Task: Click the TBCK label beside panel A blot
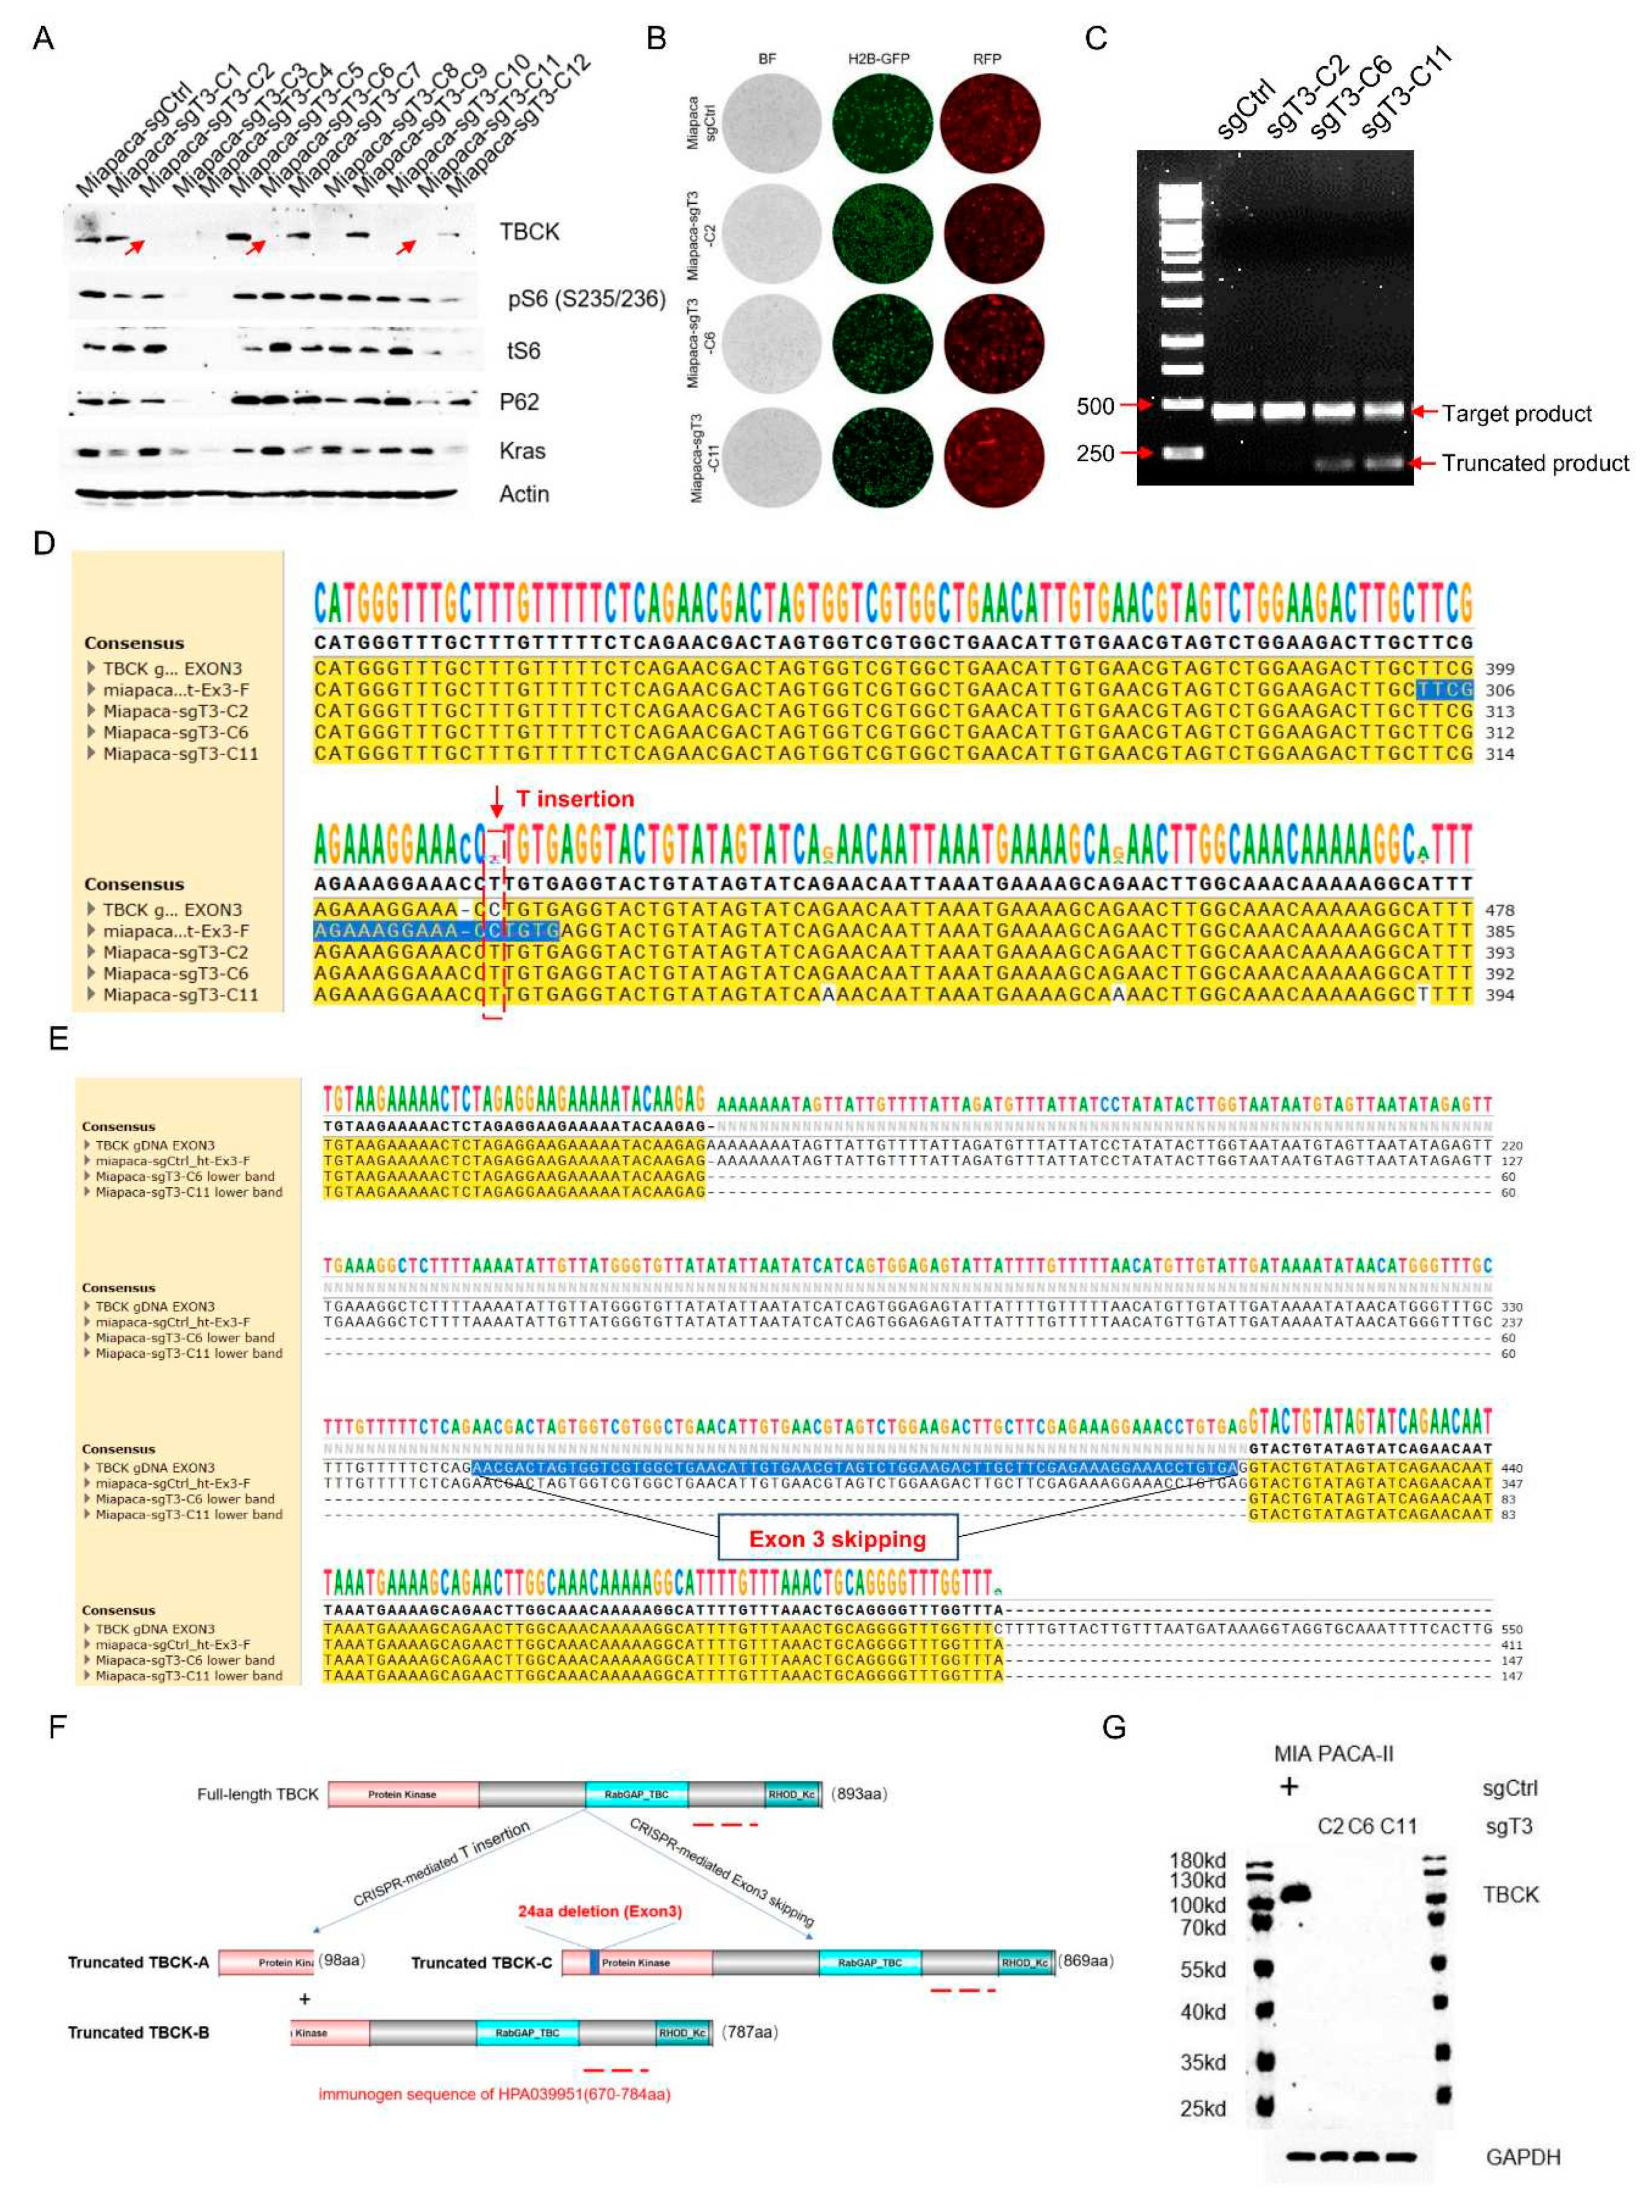[529, 232]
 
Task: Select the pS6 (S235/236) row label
[585, 299]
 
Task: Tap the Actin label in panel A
[523, 493]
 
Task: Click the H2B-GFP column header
[878, 59]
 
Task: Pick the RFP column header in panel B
[986, 59]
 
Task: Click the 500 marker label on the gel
[1095, 406]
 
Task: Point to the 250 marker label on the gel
[1095, 454]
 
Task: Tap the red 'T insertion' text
[574, 799]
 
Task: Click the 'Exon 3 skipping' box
[837, 1539]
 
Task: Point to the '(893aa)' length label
[858, 1793]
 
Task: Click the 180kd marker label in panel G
[1197, 1859]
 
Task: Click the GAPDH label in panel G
[1523, 2156]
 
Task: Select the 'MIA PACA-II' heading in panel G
[1333, 1753]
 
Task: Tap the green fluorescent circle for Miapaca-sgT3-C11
[882, 457]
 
